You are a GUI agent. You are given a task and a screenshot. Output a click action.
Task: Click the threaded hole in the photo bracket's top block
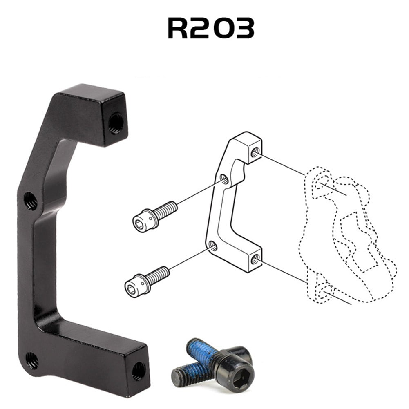[x=115, y=123]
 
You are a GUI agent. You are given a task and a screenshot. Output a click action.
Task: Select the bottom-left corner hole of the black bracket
[x=32, y=360]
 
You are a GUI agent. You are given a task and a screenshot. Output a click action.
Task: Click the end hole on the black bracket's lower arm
[x=138, y=371]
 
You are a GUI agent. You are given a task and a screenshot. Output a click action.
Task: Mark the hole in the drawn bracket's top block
[x=255, y=152]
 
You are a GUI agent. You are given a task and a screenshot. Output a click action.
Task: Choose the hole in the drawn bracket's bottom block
[x=255, y=258]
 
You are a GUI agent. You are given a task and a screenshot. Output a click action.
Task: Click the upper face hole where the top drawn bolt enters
[x=224, y=179]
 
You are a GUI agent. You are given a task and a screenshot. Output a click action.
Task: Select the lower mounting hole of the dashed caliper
[x=326, y=291]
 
